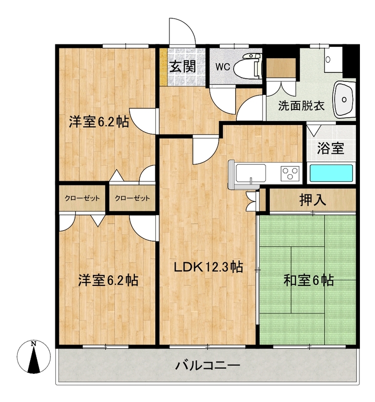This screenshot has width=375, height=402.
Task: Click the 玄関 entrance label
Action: tap(182, 66)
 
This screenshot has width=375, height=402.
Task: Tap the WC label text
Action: tap(223, 67)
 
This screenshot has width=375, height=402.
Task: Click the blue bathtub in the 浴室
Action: tap(331, 173)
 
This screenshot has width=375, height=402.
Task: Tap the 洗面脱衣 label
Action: tap(302, 106)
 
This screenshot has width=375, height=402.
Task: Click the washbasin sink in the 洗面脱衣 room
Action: tap(344, 99)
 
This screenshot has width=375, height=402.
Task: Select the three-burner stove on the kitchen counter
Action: tap(290, 173)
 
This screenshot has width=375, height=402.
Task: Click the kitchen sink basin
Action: tap(251, 173)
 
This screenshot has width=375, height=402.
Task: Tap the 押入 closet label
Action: tap(313, 200)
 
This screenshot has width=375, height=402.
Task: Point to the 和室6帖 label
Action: tap(309, 280)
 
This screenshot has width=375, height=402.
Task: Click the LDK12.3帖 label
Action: tap(208, 267)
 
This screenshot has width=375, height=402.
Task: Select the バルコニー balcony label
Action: tap(208, 365)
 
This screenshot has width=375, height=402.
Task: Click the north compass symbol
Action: tap(34, 357)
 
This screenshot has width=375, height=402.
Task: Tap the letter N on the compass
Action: tap(33, 343)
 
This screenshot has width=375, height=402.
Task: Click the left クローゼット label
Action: tap(82, 198)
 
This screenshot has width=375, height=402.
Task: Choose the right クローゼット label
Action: tap(132, 198)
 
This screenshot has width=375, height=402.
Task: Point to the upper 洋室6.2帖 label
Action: tap(99, 122)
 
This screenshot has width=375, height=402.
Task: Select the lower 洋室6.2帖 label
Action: tap(108, 280)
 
